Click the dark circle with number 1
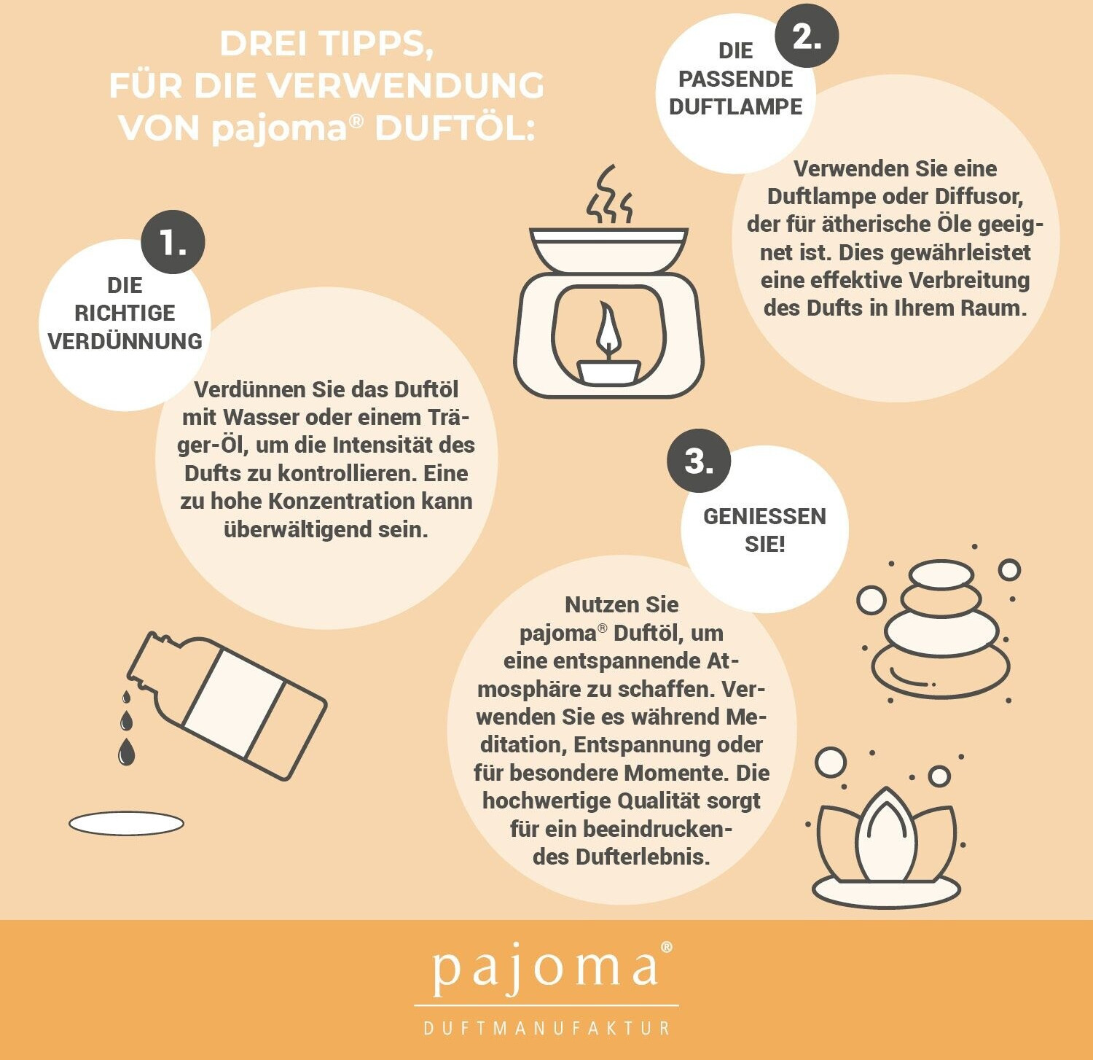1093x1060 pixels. click(173, 242)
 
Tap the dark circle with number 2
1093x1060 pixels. click(806, 35)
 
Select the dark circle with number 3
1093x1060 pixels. click(699, 461)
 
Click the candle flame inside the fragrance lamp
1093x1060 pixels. click(608, 331)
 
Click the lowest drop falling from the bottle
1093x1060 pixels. click(126, 752)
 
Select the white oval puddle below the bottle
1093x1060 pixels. click(126, 824)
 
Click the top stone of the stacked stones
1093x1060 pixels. click(941, 574)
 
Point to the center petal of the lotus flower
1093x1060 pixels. click(885, 834)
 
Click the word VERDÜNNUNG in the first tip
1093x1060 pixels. click(125, 340)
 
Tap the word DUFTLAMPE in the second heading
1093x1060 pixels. click(735, 106)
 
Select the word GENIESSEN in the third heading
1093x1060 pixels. click(764, 516)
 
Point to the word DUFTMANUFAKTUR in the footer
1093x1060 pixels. click(546, 1028)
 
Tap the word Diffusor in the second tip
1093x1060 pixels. click(979, 196)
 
